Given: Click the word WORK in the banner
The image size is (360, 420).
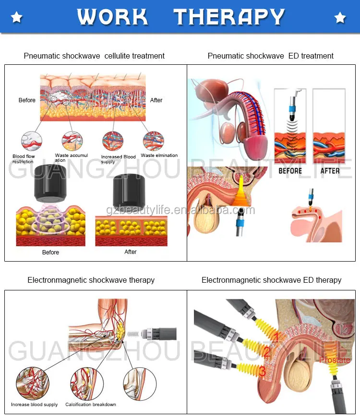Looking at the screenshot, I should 112,17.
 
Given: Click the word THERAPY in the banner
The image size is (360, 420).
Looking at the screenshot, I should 229,17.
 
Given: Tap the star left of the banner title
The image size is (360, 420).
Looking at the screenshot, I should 16,18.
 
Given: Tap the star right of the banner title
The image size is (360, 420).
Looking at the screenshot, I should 340,18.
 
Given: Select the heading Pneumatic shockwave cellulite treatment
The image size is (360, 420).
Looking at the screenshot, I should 94,56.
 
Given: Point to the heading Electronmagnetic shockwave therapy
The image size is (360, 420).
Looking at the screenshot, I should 91,280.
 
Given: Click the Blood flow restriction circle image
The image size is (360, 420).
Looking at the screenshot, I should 32,141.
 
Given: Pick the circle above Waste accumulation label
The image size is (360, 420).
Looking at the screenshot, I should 72,141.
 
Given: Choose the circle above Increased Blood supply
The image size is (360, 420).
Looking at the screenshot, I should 113,141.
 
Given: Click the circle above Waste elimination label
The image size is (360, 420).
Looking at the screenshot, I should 153,141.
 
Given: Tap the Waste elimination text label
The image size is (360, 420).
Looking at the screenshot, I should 159,156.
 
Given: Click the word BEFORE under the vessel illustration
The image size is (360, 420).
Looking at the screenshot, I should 290,171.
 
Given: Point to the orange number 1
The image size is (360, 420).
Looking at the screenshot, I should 276,337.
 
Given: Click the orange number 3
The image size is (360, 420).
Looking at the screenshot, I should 262,371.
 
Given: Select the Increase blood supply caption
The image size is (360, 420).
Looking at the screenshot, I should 35,405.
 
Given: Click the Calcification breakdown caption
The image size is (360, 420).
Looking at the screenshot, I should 91,405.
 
